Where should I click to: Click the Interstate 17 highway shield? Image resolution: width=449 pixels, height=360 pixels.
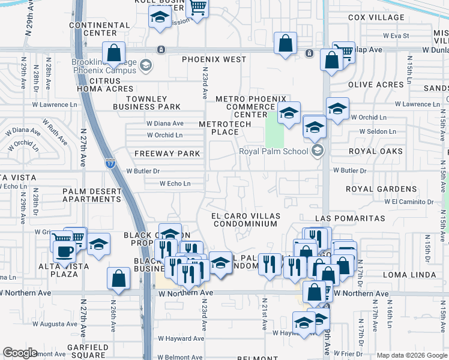(x=110, y=163)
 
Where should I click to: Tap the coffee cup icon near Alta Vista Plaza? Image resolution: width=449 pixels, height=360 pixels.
(x=64, y=252)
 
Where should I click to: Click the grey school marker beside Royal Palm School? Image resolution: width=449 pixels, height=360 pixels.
(x=318, y=151)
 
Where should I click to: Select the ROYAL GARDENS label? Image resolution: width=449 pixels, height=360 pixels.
(x=381, y=189)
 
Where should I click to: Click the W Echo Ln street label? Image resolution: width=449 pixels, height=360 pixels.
(x=175, y=184)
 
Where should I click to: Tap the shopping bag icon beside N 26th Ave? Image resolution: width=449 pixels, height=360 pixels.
(x=119, y=278)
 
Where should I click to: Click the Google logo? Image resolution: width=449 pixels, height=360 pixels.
(x=20, y=353)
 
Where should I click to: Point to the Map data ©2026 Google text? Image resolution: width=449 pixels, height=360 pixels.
(x=411, y=355)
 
